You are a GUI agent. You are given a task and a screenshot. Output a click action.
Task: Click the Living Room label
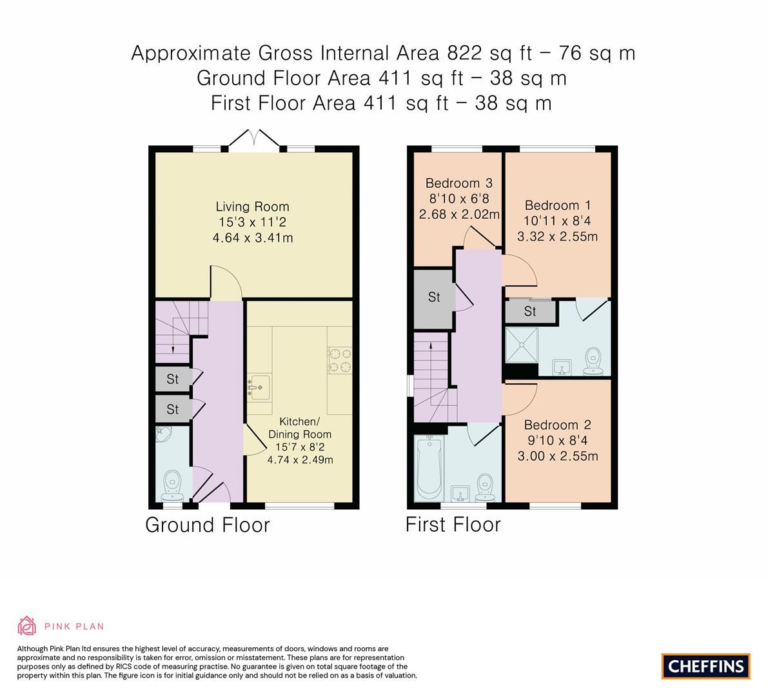pos(252,207)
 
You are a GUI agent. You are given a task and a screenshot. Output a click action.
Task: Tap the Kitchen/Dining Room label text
pos(300,427)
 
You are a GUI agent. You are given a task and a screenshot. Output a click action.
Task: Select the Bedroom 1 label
pos(557,205)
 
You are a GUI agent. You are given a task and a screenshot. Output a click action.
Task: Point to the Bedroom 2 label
pos(557,425)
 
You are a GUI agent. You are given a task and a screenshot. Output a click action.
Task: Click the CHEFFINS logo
pos(705,666)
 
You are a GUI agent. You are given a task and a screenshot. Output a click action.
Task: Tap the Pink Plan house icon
pos(27,625)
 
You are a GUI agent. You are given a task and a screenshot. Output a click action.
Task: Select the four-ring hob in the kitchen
pos(340,360)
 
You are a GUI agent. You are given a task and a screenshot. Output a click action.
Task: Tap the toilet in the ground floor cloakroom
pos(172,483)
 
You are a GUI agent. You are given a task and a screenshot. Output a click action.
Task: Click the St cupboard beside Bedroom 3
pos(434,297)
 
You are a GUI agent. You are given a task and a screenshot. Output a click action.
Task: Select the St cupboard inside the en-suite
pos(530,312)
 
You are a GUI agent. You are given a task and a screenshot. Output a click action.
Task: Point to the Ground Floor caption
pos(207,525)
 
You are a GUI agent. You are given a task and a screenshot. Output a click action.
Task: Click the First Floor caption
pos(453,525)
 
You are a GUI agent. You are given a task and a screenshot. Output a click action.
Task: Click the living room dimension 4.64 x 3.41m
pos(252,238)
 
